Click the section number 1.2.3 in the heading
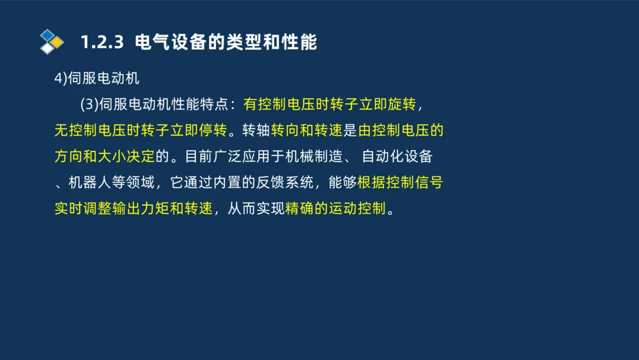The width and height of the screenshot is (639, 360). pos(101,43)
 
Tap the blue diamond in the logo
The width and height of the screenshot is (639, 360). pos(47,35)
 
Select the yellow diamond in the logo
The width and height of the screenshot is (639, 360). pos(58,42)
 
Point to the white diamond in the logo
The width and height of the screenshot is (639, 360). pos(47,49)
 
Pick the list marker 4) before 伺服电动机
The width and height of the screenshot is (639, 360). pos(60,79)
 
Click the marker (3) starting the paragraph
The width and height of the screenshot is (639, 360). pos(89,105)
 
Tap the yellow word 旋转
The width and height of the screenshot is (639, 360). pos(401,105)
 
